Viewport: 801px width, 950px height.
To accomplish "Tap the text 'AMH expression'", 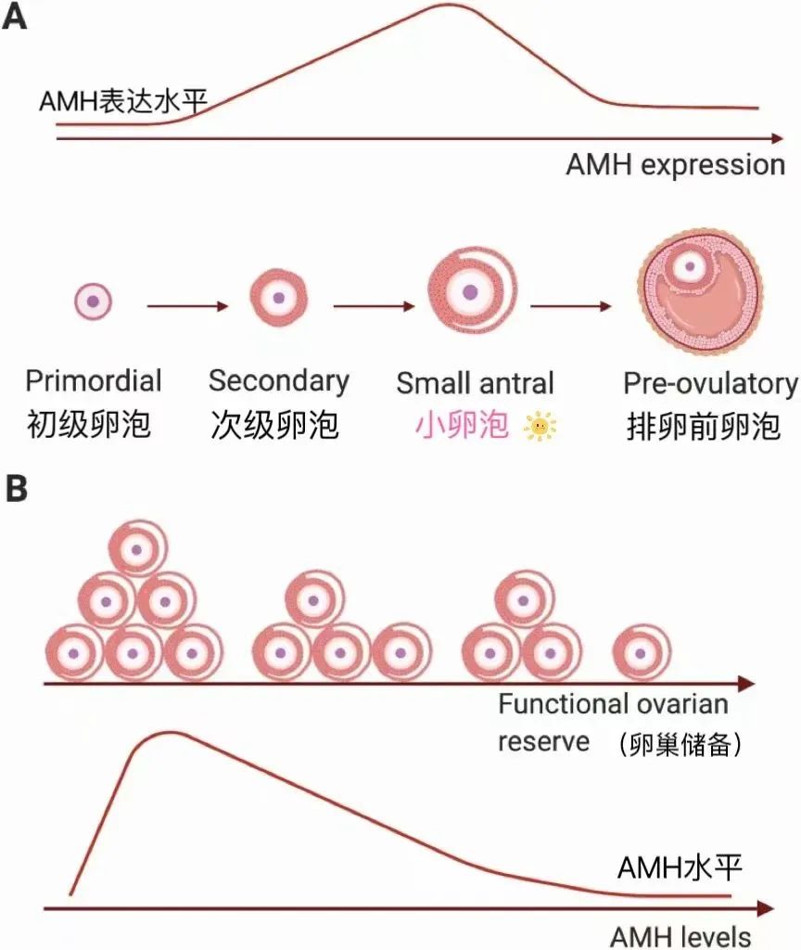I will click(x=676, y=166).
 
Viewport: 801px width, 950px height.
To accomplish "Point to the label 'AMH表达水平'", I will click(x=121, y=100).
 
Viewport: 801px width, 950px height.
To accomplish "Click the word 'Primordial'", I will click(x=94, y=381).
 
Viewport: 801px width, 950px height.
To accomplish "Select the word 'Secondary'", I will click(x=278, y=380).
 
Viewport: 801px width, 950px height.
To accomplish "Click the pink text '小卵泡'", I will click(x=462, y=426).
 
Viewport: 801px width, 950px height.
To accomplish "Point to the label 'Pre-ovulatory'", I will click(x=710, y=384).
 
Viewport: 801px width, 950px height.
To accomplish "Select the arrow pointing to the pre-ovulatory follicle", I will click(x=571, y=305).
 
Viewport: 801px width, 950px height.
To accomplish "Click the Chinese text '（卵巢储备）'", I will click(x=678, y=745).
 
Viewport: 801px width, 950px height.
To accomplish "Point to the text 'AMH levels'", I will click(x=680, y=935).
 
